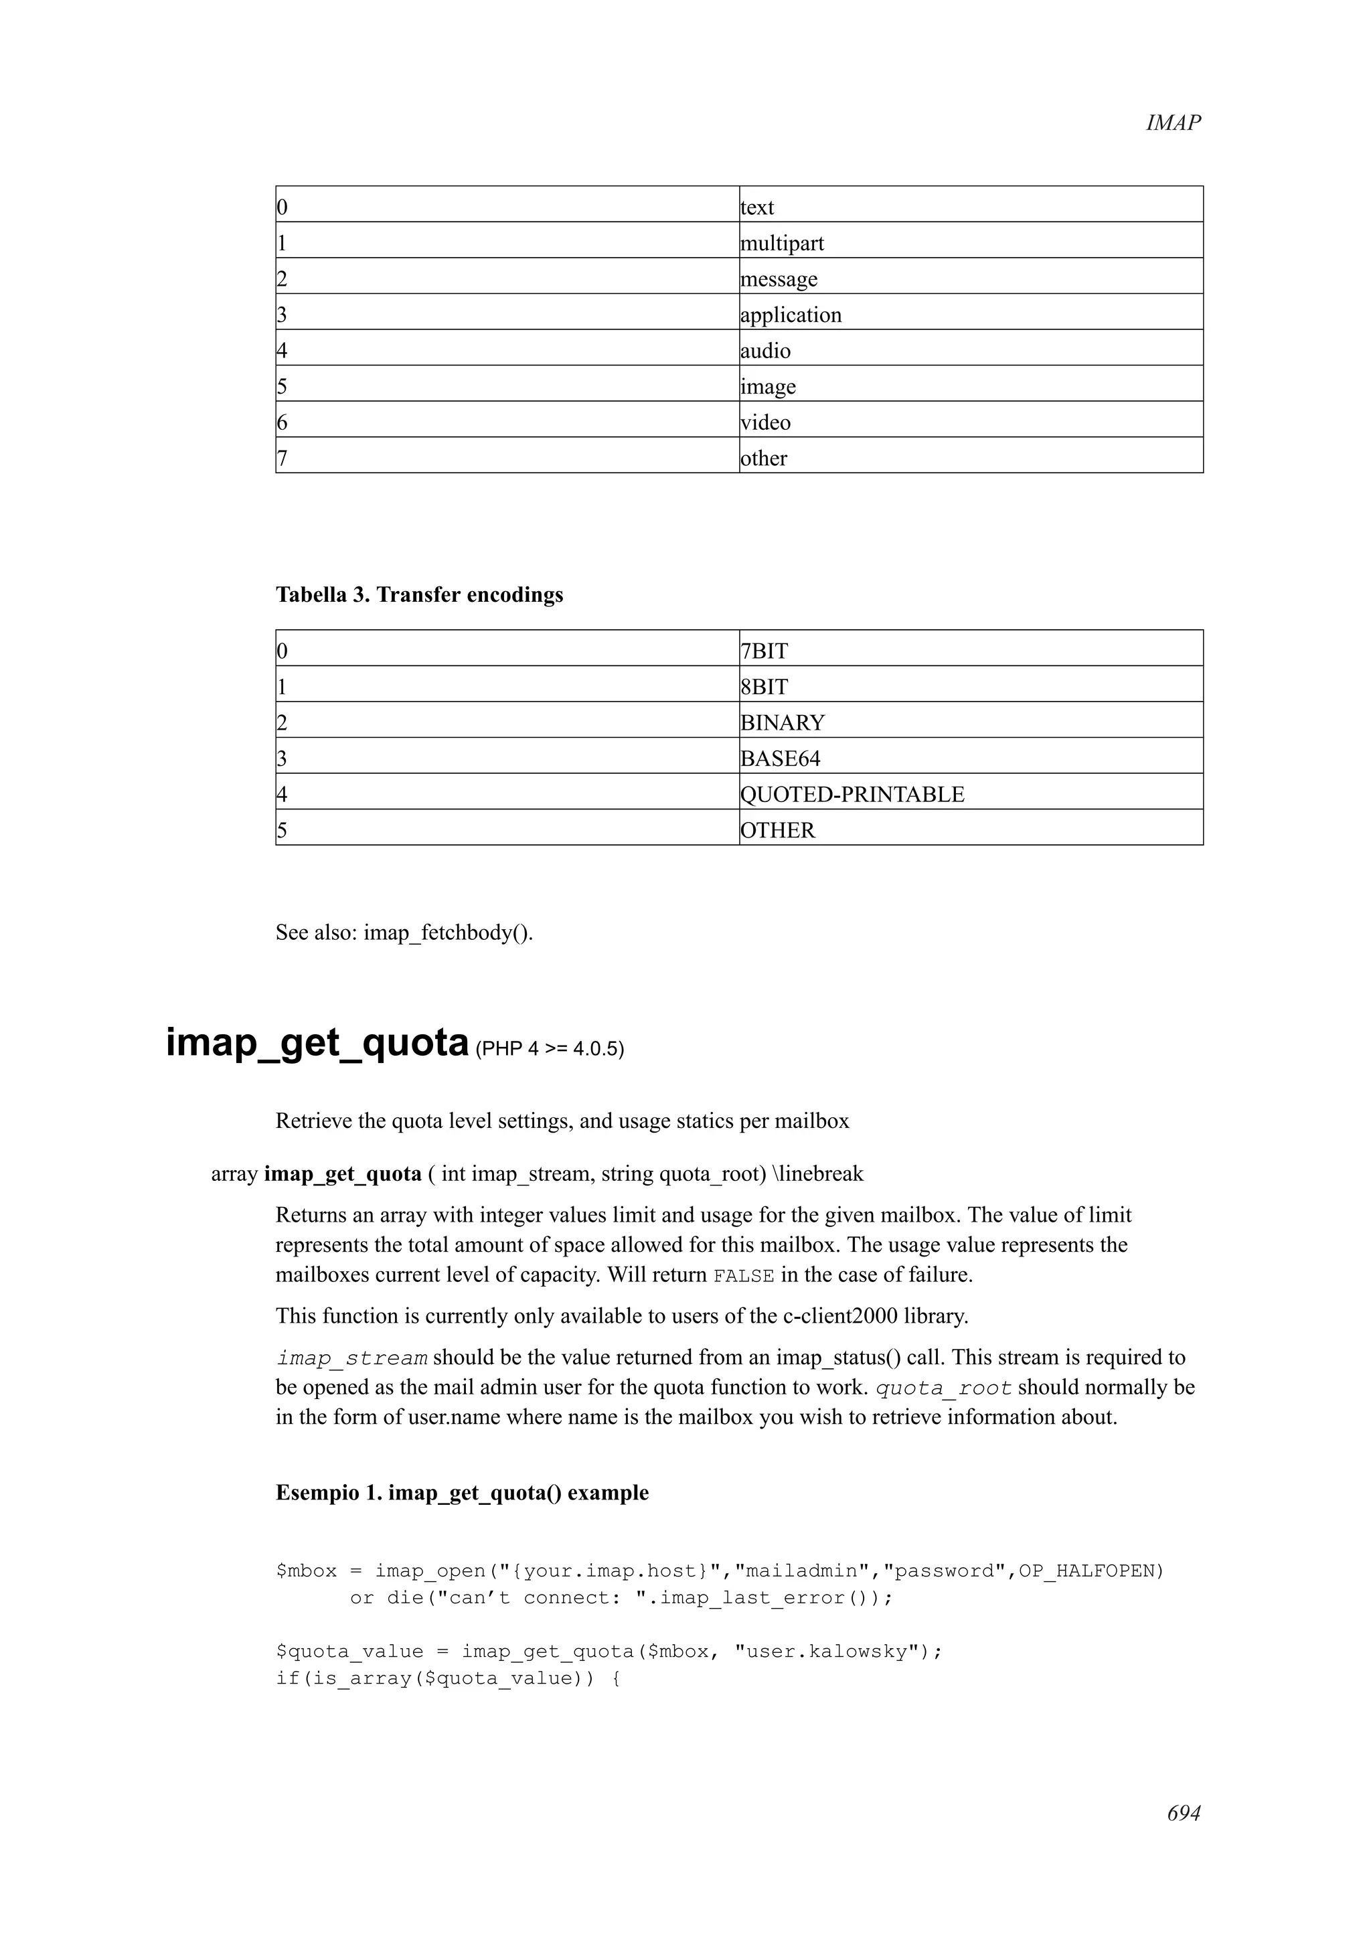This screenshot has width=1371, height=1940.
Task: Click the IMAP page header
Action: point(1172,123)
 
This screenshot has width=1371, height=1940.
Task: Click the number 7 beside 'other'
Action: point(282,459)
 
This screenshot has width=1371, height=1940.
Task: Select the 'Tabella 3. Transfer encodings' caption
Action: point(419,595)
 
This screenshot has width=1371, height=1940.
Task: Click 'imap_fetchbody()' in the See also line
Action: point(448,933)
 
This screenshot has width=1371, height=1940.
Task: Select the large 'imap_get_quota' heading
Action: point(317,1043)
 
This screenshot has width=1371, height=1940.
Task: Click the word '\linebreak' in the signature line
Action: point(817,1174)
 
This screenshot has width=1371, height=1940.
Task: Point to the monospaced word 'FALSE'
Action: point(743,1276)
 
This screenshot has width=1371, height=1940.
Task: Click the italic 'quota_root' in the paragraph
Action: point(943,1388)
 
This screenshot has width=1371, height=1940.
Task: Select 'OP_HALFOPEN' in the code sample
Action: point(1091,1570)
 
